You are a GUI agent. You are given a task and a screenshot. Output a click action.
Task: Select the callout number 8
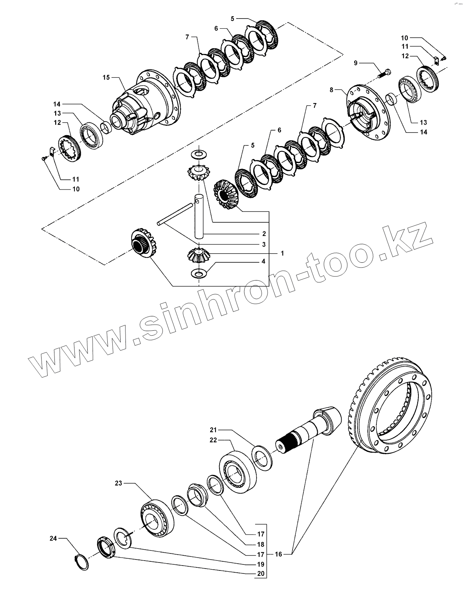[x=331, y=90]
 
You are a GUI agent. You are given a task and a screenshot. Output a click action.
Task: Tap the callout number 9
[x=356, y=63]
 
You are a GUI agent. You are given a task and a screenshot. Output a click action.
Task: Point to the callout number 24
[x=53, y=538]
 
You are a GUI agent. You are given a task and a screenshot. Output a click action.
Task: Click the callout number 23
[x=119, y=483]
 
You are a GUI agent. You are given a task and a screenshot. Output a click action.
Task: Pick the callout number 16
[x=278, y=554]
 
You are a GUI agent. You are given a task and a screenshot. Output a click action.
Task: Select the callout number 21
[x=213, y=430]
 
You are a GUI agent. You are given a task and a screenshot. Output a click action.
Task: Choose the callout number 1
[x=282, y=253]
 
